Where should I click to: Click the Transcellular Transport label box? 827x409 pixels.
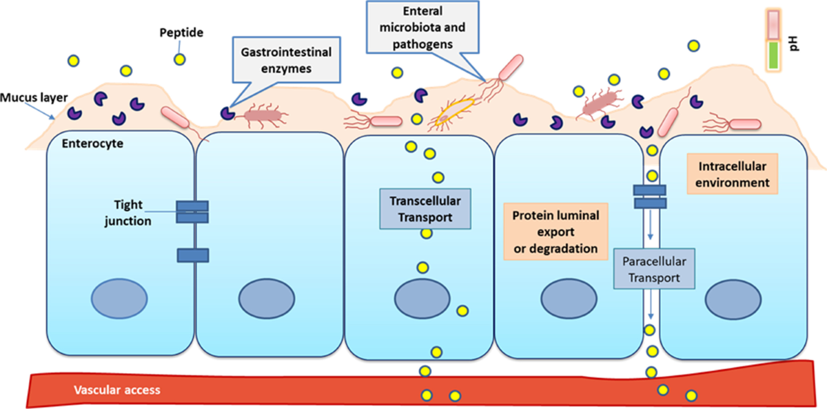(x=425, y=209)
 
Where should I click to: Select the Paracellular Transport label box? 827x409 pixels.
(x=654, y=268)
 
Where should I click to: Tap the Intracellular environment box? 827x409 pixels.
(x=733, y=174)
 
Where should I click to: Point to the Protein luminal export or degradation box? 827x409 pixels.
(x=555, y=232)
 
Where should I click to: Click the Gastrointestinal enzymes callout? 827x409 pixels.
(x=286, y=60)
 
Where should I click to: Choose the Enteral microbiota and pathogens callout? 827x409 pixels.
(x=422, y=28)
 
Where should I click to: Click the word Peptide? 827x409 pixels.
(x=181, y=32)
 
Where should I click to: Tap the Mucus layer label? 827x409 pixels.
(x=34, y=97)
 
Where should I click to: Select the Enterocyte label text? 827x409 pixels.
(x=92, y=143)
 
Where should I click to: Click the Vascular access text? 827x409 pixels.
(x=117, y=390)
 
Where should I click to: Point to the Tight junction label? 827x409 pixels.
(x=127, y=212)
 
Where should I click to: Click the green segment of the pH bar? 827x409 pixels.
(x=773, y=55)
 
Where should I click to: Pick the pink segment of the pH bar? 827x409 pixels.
(x=773, y=24)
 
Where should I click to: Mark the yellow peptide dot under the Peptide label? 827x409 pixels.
(x=179, y=59)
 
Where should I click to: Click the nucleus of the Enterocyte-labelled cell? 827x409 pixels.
(x=119, y=299)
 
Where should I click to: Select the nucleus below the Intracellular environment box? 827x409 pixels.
(x=733, y=299)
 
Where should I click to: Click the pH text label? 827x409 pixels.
(x=793, y=43)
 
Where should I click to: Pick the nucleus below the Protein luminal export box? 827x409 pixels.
(x=569, y=299)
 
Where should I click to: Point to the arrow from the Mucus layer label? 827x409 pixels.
(x=40, y=111)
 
